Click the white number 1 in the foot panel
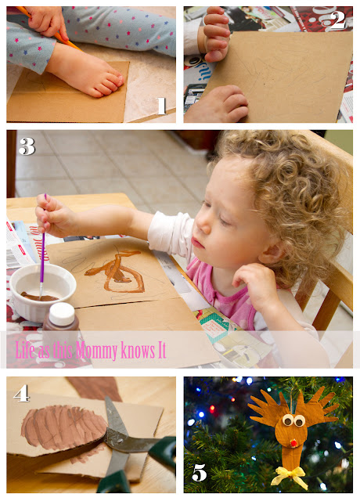click(x=161, y=106)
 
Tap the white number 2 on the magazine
click(x=337, y=20)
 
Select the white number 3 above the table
click(x=27, y=146)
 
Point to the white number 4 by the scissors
click(x=21, y=393)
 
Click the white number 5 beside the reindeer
click(x=200, y=472)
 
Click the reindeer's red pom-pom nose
click(x=293, y=443)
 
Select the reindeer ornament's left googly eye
click(x=287, y=420)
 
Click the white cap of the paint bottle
click(x=62, y=313)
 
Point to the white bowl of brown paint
click(x=42, y=292)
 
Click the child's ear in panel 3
click(x=271, y=250)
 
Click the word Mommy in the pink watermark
click(x=96, y=351)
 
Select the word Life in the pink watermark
click(x=25, y=349)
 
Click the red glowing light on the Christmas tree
click(x=212, y=409)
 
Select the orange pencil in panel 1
click(x=48, y=28)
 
